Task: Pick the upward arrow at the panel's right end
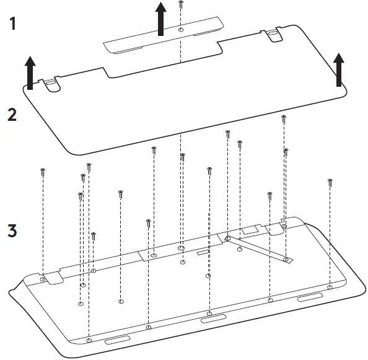338,69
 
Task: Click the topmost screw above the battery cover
180,4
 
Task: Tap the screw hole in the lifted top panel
180,30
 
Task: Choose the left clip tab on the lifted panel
52,84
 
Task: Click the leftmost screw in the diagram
43,172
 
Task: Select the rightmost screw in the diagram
330,182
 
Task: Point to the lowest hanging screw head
94,235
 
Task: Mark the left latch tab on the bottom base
55,277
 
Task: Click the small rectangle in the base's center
203,252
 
